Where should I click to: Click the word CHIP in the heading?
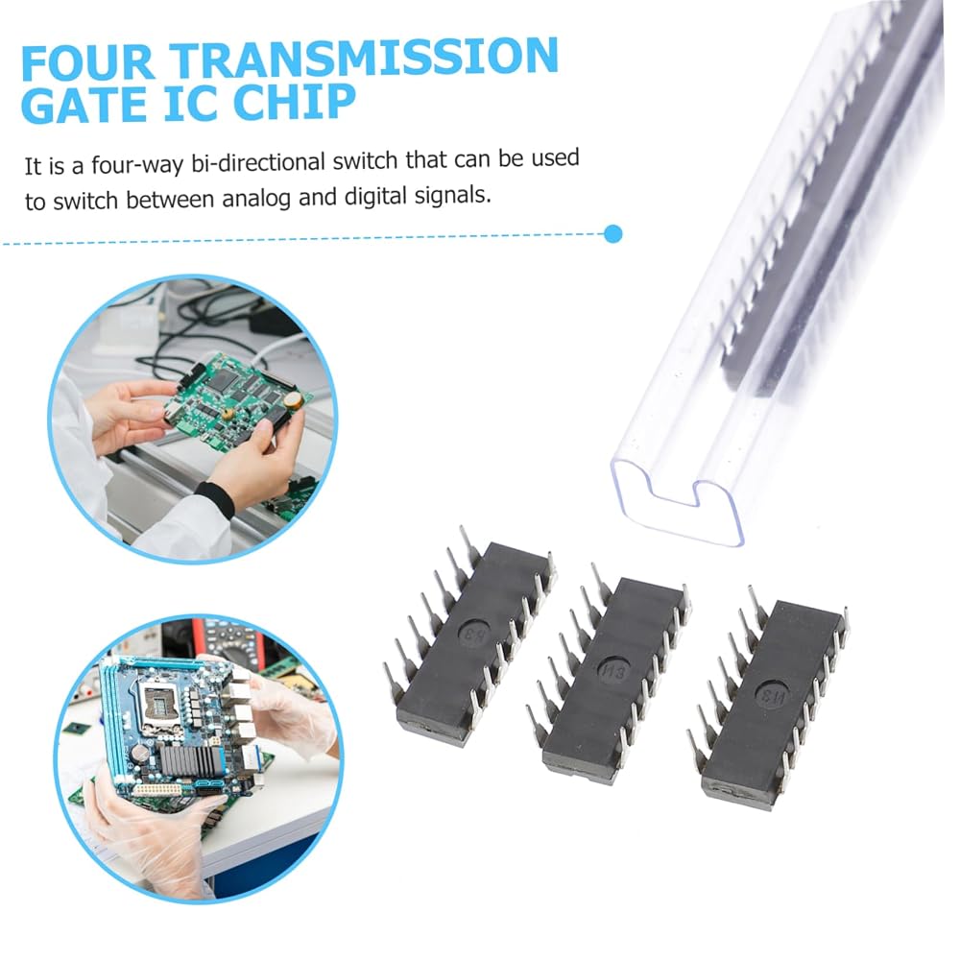click(294, 102)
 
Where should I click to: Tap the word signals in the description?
click(453, 195)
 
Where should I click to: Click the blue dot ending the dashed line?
click(612, 234)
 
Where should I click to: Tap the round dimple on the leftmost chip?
click(476, 632)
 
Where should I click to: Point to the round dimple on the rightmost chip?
click(772, 695)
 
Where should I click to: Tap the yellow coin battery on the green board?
click(293, 400)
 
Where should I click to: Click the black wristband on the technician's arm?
click(216, 499)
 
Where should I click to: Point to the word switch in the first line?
click(366, 161)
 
